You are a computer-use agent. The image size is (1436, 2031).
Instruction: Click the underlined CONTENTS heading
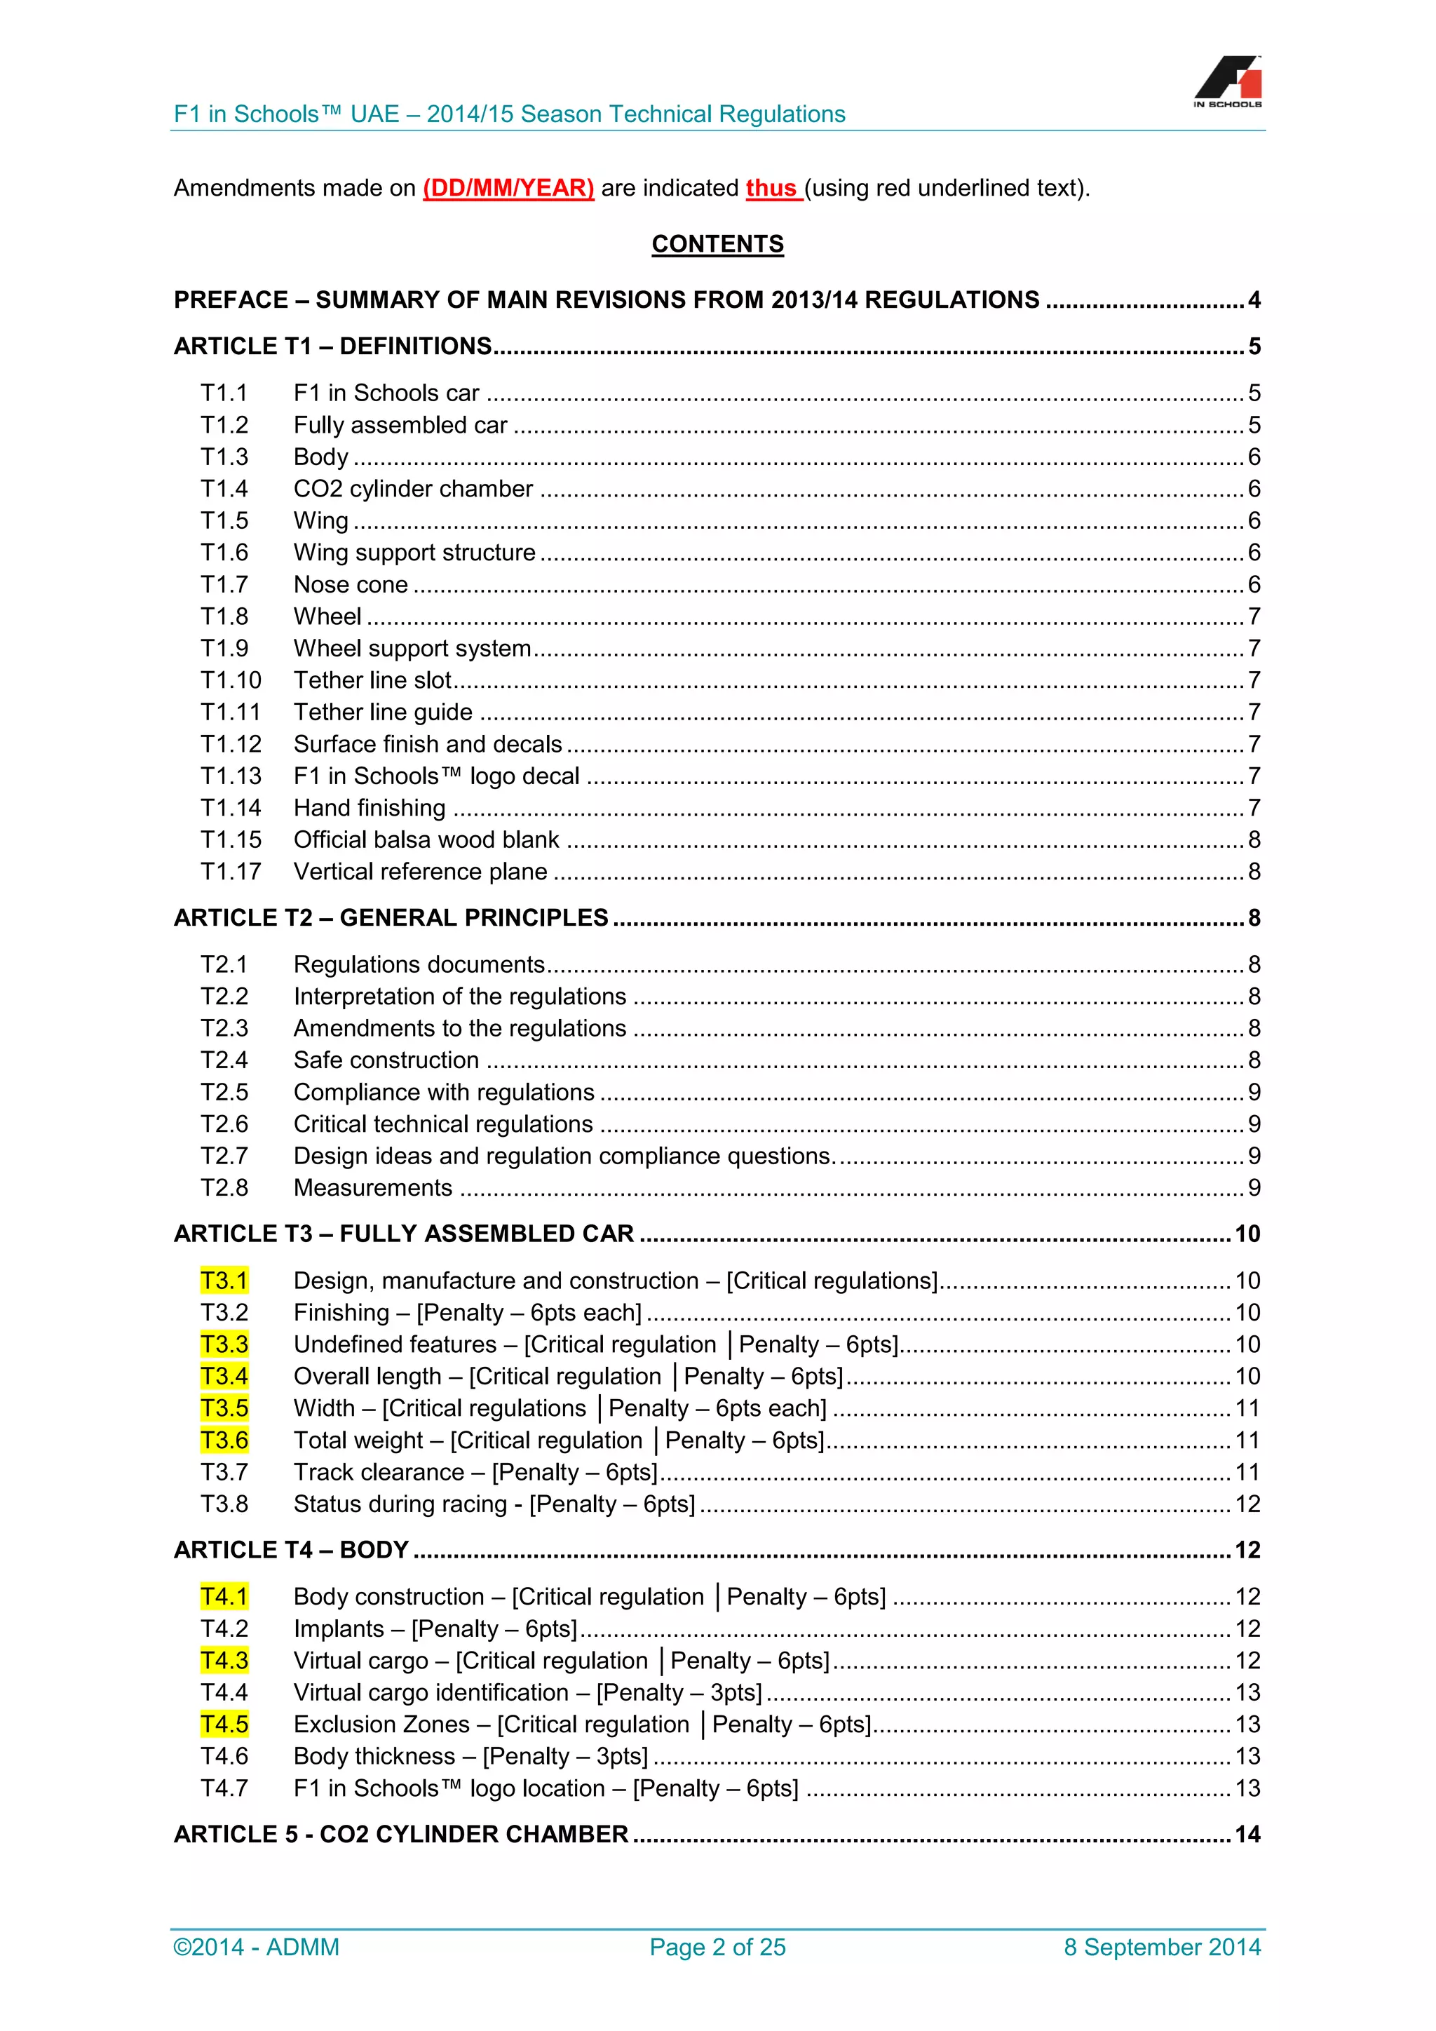717,244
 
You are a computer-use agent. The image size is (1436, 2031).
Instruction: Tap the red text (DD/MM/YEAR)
508,189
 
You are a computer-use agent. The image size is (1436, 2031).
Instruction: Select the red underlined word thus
771,189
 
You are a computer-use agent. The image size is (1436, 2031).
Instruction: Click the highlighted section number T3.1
224,1280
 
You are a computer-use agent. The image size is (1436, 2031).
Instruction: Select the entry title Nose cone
350,585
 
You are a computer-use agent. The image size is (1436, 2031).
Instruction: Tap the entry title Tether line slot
372,680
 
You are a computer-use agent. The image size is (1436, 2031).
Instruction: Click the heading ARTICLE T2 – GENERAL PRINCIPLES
391,917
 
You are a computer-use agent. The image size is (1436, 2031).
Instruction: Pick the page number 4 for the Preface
1254,300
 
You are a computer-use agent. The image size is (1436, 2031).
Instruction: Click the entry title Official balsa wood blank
426,839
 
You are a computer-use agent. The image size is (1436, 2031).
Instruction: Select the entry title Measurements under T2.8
372,1187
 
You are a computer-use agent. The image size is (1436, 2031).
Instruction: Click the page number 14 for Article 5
1247,1834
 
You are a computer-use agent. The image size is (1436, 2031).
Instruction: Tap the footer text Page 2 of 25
717,1947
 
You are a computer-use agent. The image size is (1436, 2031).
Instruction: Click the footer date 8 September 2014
1162,1947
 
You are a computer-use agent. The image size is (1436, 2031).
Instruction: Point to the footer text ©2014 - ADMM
257,1947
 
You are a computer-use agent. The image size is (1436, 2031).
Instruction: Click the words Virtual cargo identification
431,1692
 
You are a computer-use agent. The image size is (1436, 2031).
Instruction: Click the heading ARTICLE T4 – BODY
291,1550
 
